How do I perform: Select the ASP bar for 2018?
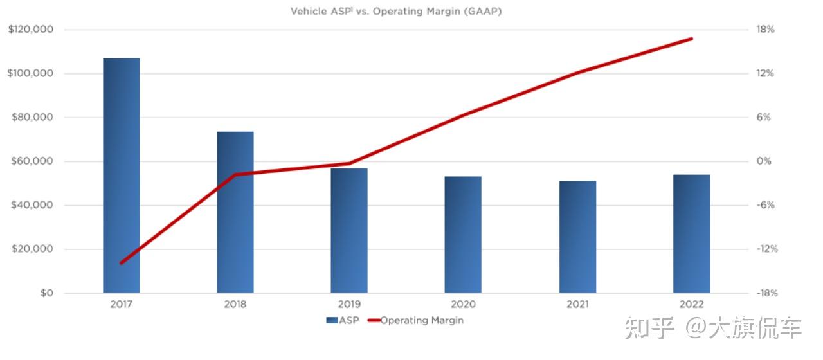point(235,212)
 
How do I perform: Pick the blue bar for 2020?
point(463,235)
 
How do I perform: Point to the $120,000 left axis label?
point(30,30)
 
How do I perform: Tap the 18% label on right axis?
point(765,30)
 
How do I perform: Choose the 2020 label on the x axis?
point(463,305)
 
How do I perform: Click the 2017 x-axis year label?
point(121,305)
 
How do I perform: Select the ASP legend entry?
point(343,320)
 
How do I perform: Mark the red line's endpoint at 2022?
point(692,39)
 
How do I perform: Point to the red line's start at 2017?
point(121,263)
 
